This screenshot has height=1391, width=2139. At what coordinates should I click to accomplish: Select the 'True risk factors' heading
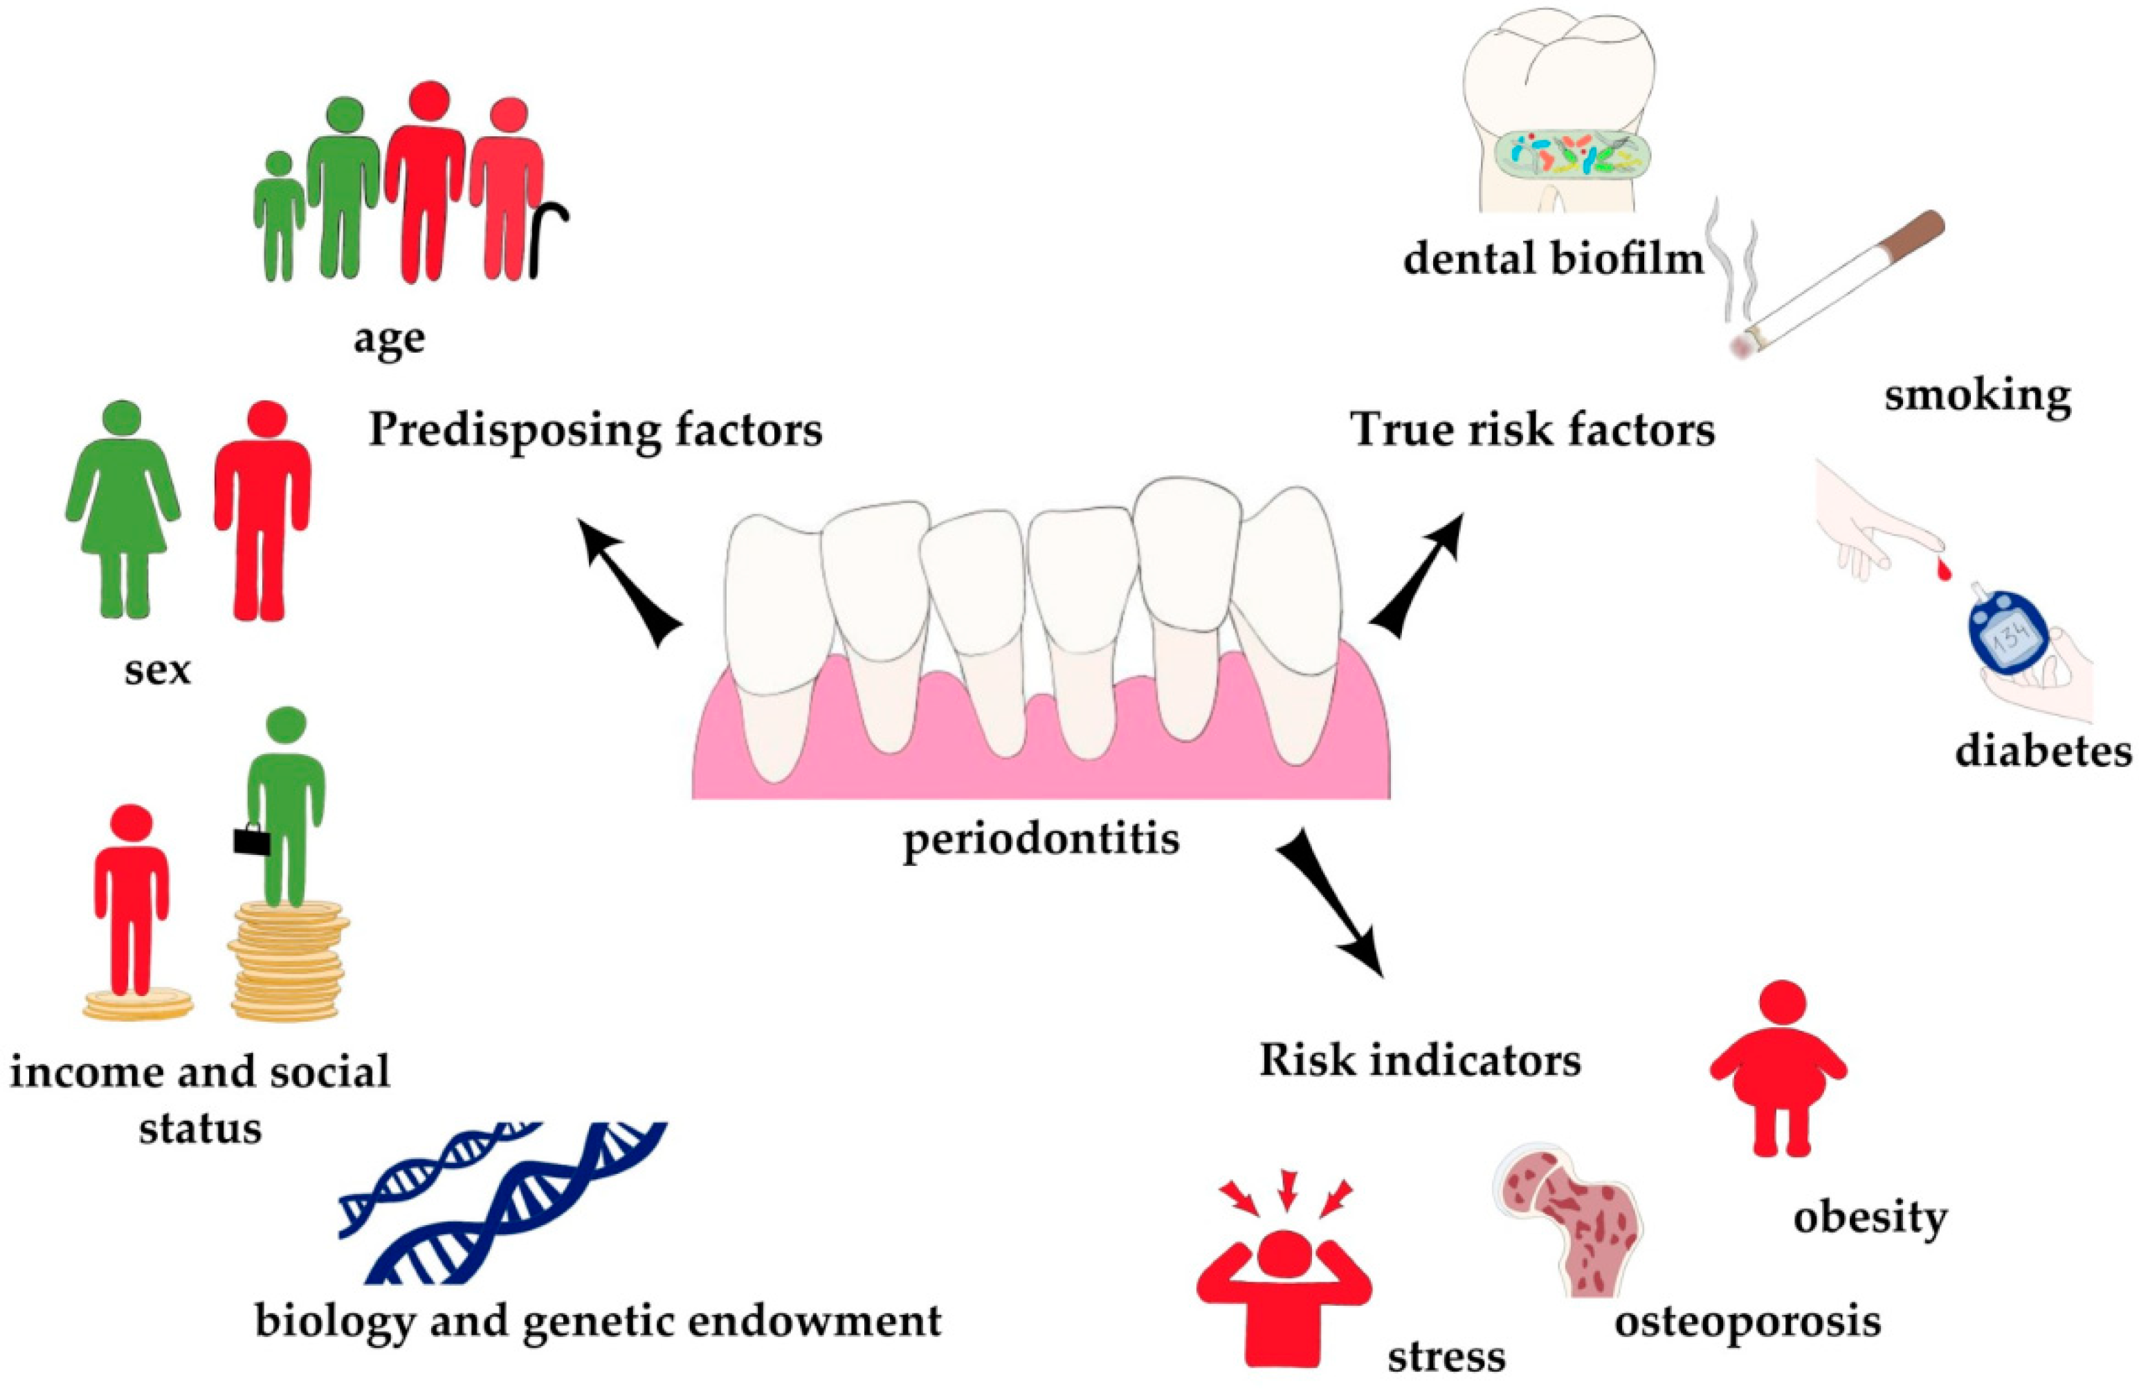click(x=1532, y=430)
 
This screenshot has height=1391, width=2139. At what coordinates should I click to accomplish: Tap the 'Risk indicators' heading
click(x=1420, y=1061)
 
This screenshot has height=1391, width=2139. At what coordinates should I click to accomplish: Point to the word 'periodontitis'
click(x=1041, y=840)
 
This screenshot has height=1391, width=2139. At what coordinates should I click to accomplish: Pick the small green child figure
click(x=279, y=216)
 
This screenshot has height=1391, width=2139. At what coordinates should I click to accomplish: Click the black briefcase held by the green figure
click(x=252, y=840)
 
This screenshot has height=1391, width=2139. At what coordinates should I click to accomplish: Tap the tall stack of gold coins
click(x=288, y=961)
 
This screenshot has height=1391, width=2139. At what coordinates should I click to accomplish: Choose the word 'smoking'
click(x=1977, y=396)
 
